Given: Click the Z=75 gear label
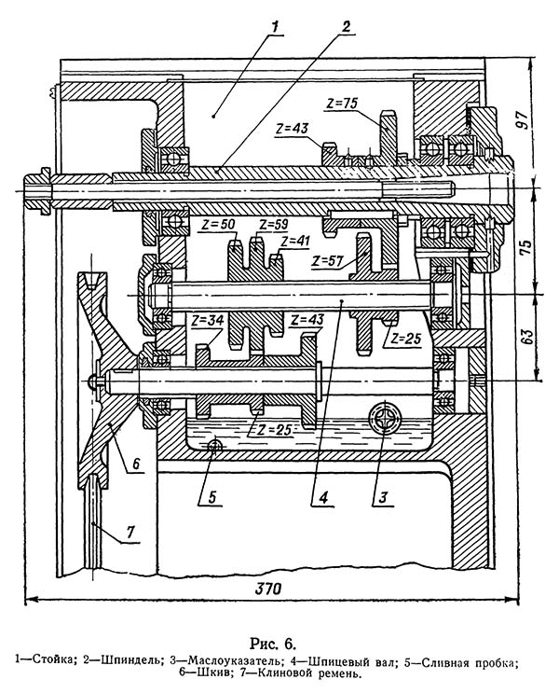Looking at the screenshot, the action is pyautogui.click(x=342, y=104).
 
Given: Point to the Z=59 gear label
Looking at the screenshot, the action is pyautogui.click(x=273, y=225).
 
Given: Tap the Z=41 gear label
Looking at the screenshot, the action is pyautogui.click(x=295, y=242).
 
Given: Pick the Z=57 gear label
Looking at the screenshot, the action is pyautogui.click(x=327, y=261).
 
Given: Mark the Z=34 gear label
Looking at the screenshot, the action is pyautogui.click(x=208, y=320).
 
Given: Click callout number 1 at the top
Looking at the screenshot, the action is pyautogui.click(x=275, y=27).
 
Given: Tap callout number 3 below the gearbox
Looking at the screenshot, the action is pyautogui.click(x=383, y=497).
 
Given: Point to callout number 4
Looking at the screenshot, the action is pyautogui.click(x=323, y=498).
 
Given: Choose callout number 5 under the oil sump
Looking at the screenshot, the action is pyautogui.click(x=212, y=497).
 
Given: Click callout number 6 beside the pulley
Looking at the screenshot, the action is pyautogui.click(x=135, y=464).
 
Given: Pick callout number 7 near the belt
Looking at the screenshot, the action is pyautogui.click(x=130, y=532).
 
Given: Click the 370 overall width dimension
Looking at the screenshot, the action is pyautogui.click(x=268, y=589).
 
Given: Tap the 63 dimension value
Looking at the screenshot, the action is pyautogui.click(x=527, y=337).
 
